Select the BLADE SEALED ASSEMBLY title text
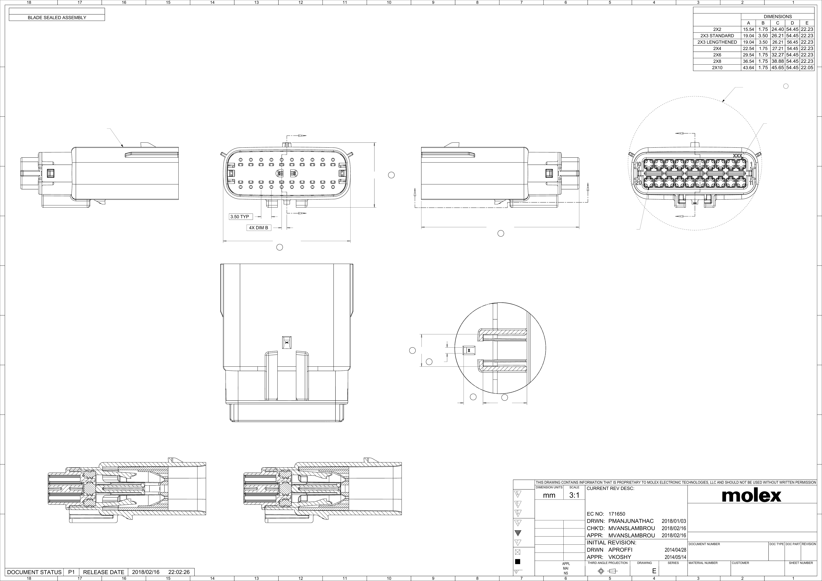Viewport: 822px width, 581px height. (57, 18)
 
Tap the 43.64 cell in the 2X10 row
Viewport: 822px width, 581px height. (748, 68)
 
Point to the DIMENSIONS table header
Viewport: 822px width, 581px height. (778, 17)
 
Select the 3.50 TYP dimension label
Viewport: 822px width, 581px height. (239, 217)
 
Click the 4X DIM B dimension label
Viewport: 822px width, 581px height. (258, 228)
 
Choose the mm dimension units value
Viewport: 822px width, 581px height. (549, 495)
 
